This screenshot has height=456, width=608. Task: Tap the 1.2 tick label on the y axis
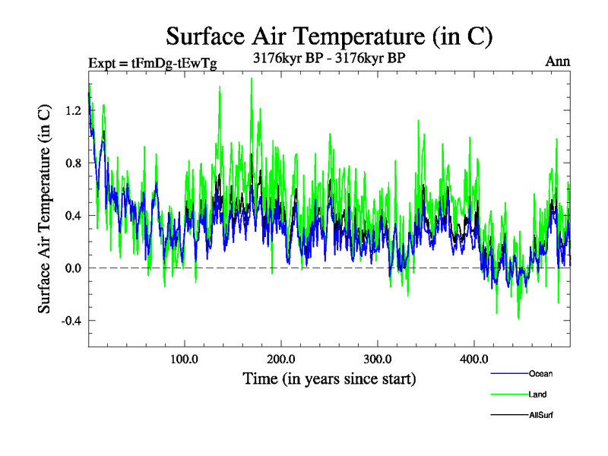click(x=71, y=110)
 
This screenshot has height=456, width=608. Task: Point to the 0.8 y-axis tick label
click(x=71, y=163)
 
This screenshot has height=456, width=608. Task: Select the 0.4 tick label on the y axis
click(x=71, y=215)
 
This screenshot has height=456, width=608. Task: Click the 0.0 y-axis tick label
click(x=71, y=268)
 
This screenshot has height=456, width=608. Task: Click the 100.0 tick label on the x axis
click(x=185, y=359)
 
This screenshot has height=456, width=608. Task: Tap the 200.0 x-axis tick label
click(x=281, y=359)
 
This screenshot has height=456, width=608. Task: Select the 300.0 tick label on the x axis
click(x=378, y=359)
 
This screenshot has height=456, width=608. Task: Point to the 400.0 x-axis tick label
click(x=474, y=359)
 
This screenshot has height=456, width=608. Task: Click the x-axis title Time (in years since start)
click(x=329, y=378)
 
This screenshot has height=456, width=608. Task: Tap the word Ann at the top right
click(x=558, y=62)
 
